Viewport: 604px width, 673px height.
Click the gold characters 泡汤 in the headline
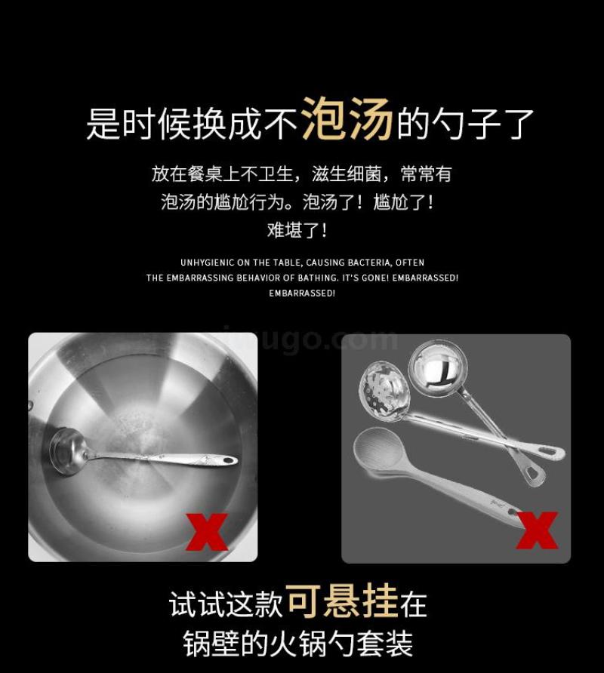pos(347,119)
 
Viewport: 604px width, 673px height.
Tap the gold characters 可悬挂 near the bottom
pos(342,601)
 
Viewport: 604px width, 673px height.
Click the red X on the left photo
pos(207,532)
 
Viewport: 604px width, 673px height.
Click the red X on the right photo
pos(537,530)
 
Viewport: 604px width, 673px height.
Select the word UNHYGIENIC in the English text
pos(208,263)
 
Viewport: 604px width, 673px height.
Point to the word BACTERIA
pos(369,263)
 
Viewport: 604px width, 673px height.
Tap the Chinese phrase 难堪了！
pos(297,230)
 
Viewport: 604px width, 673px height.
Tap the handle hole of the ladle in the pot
pos(229,461)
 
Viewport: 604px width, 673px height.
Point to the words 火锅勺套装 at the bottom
pos(341,644)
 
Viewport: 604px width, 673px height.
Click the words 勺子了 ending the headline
pos(482,123)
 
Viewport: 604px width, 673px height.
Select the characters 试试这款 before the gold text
pos(226,604)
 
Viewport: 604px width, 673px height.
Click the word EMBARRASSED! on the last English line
pos(301,293)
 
